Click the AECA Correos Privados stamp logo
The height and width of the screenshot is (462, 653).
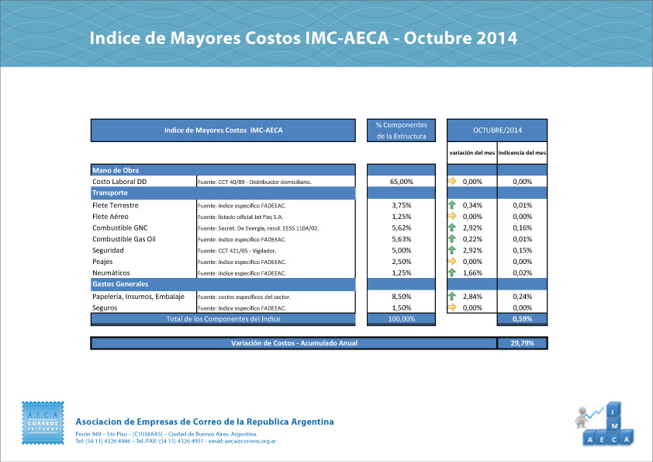43,425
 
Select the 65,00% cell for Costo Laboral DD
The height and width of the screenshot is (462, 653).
401,182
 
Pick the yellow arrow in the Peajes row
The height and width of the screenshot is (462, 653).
451,262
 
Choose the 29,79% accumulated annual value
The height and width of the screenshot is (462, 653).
522,343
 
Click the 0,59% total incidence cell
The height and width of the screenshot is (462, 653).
522,319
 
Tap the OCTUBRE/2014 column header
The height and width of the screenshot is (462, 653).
497,130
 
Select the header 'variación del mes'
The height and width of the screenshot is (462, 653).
472,152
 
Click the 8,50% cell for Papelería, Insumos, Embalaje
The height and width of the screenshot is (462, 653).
401,297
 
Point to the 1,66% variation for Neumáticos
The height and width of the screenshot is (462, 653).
472,273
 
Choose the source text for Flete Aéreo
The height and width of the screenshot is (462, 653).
242,217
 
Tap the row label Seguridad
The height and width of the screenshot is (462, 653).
109,251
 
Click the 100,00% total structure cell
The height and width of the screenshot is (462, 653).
401,319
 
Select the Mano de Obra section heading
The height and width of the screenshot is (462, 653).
116,170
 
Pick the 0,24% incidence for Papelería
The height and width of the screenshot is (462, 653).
522,297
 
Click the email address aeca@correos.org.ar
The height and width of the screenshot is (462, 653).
250,441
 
